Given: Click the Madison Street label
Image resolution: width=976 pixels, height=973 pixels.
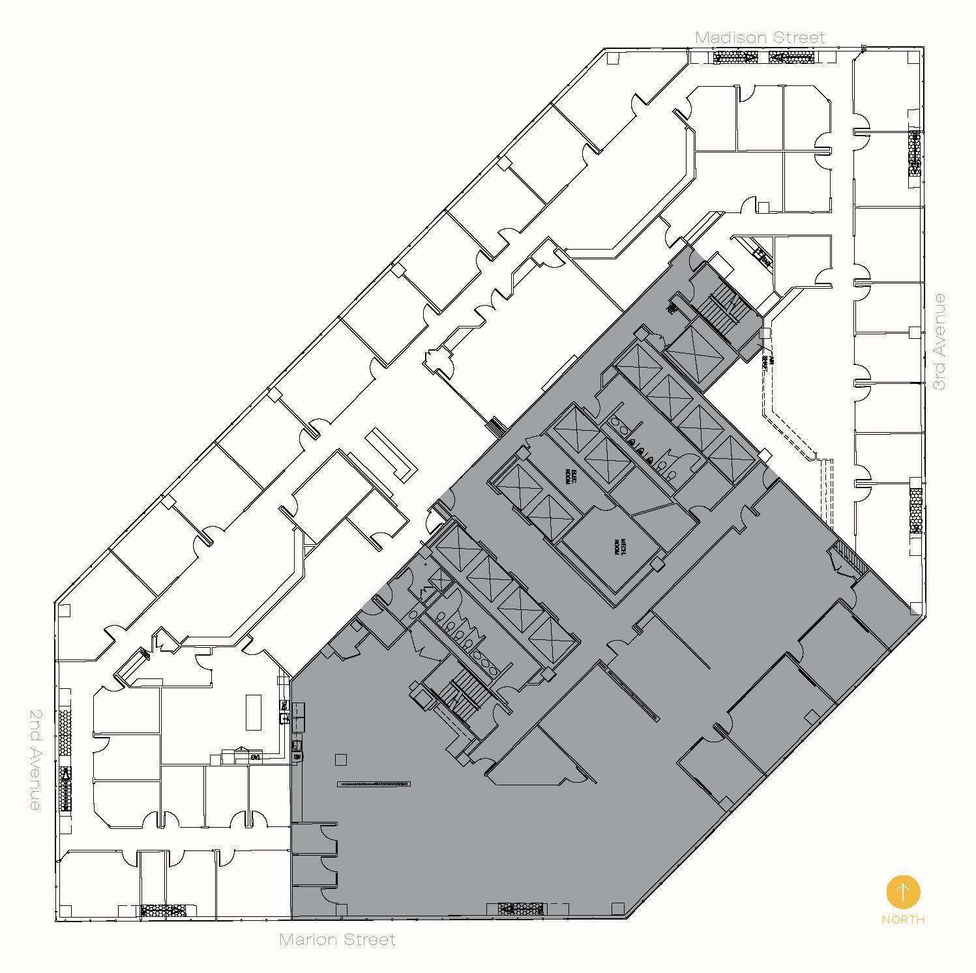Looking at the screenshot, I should (760, 38).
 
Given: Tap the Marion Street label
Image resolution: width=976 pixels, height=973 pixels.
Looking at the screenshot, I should (337, 939).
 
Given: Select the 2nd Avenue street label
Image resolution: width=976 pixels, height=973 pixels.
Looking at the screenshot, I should (36, 759).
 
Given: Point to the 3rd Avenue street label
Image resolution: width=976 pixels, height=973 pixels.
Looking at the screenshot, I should (939, 341).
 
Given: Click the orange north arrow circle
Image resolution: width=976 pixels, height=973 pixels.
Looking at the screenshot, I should (903, 892).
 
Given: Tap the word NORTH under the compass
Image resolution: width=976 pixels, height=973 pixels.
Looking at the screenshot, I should (903, 920).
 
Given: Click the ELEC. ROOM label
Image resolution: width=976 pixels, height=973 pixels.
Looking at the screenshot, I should (571, 478).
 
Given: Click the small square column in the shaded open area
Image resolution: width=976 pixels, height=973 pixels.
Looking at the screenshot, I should (340, 759).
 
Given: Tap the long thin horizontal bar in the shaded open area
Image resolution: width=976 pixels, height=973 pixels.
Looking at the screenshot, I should (374, 783).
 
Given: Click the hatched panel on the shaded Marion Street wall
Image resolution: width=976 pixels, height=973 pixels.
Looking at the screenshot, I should (520, 908).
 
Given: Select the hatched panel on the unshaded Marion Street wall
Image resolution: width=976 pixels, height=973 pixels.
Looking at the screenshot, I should (164, 910).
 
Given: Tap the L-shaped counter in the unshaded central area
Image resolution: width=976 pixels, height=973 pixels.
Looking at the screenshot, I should (391, 454).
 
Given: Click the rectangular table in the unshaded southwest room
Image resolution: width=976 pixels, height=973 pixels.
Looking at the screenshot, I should (253, 712).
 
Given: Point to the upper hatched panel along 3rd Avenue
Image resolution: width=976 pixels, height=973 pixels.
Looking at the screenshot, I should (915, 154).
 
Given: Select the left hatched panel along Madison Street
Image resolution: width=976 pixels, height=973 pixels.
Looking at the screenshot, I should (735, 57).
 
